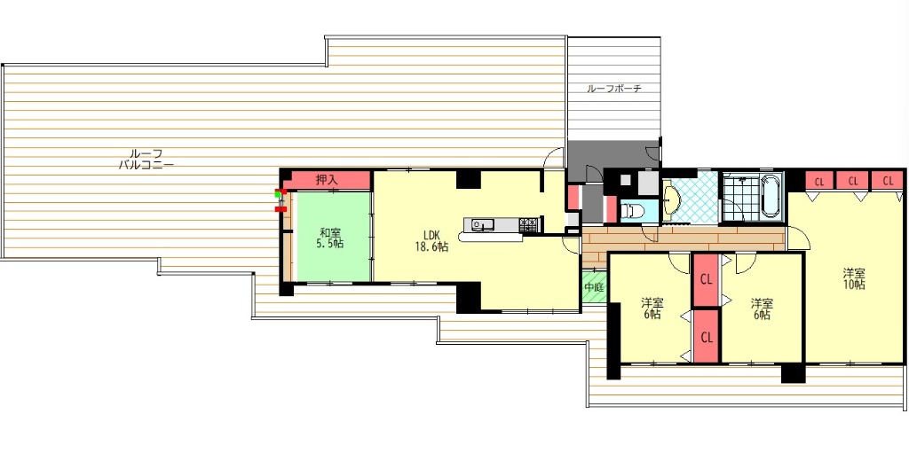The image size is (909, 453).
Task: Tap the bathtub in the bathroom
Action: coord(771,195)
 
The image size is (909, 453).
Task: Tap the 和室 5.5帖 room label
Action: coord(329,238)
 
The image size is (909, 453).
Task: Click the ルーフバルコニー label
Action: coord(146,159)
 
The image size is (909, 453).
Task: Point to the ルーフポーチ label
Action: coord(614,90)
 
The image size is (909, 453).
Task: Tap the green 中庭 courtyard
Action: coord(594,287)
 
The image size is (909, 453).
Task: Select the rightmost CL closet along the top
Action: coord(888,180)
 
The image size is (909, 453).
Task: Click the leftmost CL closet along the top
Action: coord(818,180)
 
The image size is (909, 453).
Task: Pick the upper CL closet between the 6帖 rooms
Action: coord(706,280)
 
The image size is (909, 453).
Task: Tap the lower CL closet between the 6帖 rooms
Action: coord(706,337)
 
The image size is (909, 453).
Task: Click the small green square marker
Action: coord(278,195)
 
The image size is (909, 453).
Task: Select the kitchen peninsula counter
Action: coord(490,237)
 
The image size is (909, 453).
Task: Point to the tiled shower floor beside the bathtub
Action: coord(741,196)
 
